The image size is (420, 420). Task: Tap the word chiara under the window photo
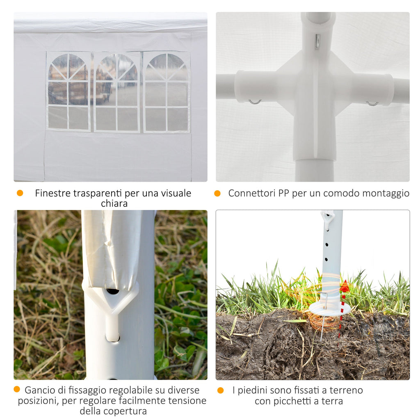[x=114, y=203]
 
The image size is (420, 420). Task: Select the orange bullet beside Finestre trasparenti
[x=20, y=193]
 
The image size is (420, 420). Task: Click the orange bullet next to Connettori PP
[x=217, y=193]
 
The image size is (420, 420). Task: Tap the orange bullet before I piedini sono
[x=220, y=390]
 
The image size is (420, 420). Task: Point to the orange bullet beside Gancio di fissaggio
[x=17, y=390]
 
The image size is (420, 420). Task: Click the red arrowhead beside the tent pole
[x=344, y=286]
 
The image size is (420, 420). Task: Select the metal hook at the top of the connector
[x=317, y=41]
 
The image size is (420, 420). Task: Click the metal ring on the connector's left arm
[x=255, y=102]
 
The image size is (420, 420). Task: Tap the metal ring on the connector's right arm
[x=372, y=103]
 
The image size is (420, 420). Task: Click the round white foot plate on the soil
[x=330, y=308]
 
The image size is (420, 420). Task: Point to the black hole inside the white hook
[x=113, y=291]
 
